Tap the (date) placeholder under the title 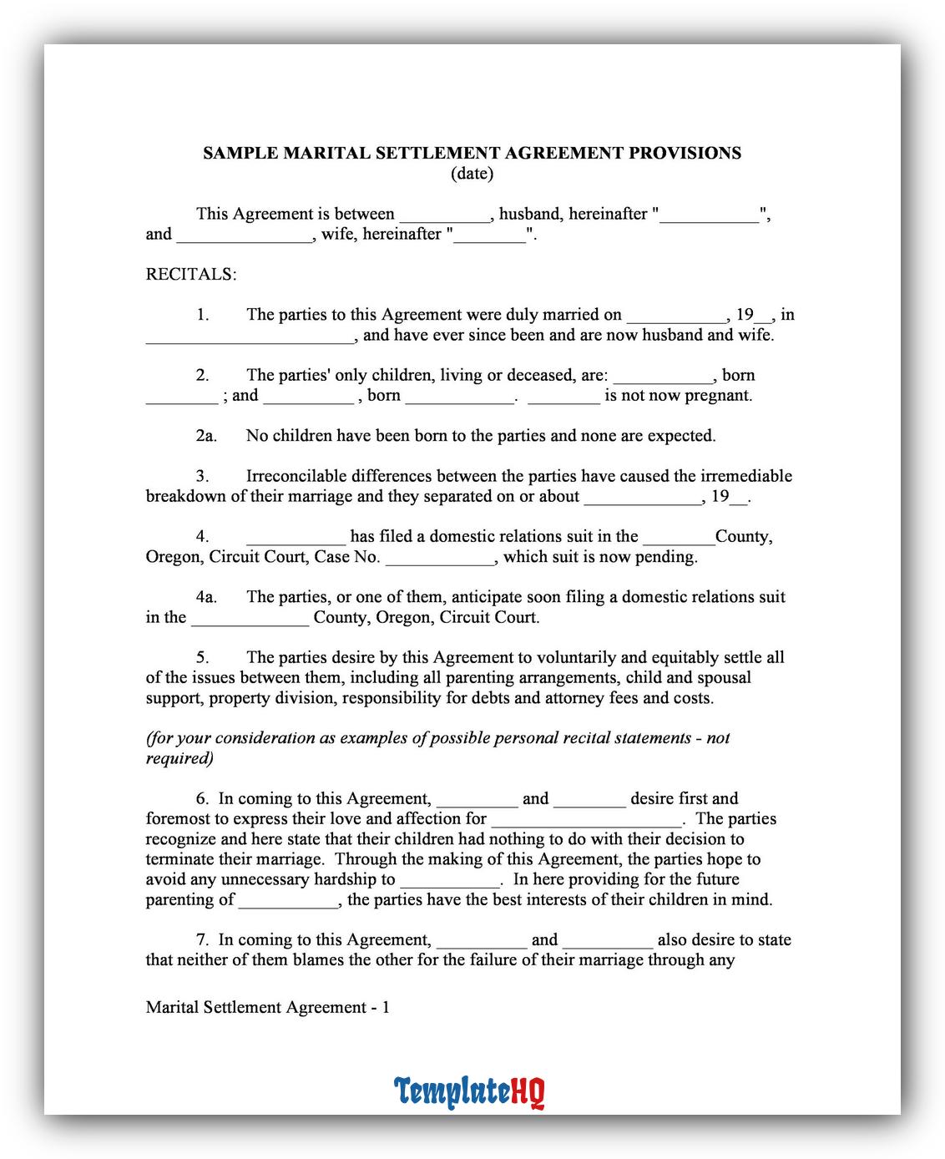tap(472, 174)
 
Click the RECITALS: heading tap(191, 275)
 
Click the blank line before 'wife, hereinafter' tap(245, 235)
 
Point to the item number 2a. tap(206, 436)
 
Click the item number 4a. tap(206, 597)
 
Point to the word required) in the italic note tap(179, 758)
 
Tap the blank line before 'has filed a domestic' tap(296, 538)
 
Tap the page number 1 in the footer tap(385, 1007)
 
